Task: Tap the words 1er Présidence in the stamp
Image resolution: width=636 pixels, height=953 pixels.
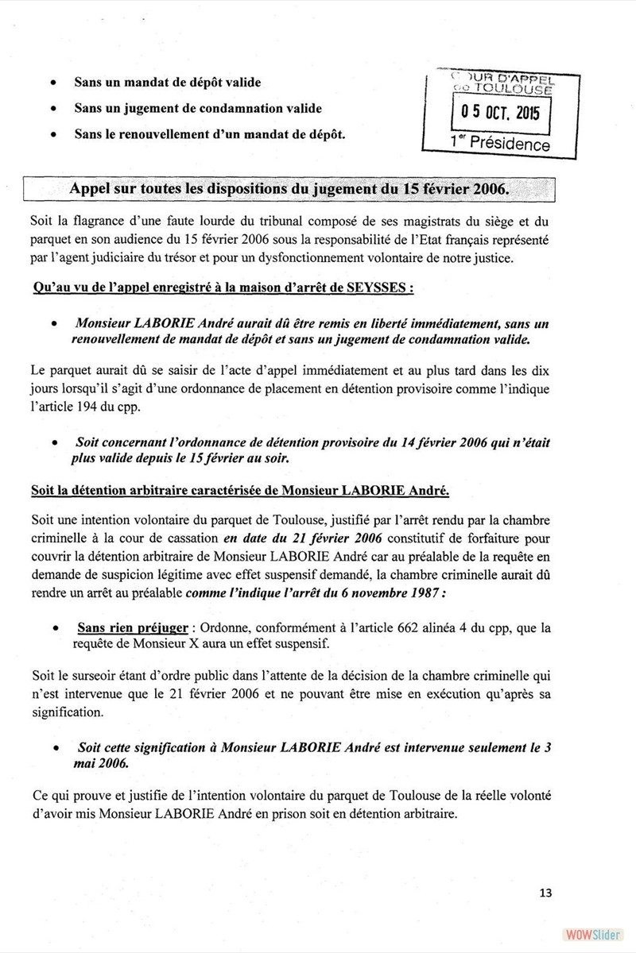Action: tap(500, 142)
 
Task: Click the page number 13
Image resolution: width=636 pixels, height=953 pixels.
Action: tap(545, 893)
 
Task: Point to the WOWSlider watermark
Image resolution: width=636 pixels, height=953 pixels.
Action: tap(591, 934)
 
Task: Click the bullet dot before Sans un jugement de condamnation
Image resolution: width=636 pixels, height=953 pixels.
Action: tap(52, 109)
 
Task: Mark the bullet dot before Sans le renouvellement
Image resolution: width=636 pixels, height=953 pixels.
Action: tap(52, 135)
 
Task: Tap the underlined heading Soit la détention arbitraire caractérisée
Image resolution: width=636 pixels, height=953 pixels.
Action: tap(240, 491)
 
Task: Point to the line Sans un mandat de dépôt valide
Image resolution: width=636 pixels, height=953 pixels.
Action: tap(167, 83)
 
